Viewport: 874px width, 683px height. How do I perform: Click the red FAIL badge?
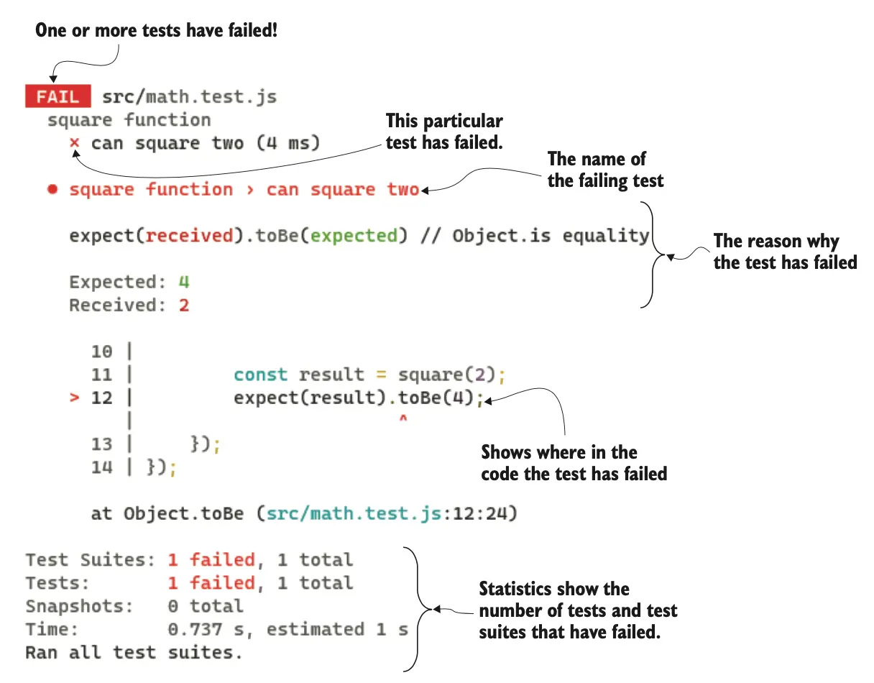pyautogui.click(x=57, y=97)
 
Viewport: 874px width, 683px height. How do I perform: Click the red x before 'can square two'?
pyautogui.click(x=74, y=143)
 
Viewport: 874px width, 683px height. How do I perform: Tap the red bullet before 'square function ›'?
pyautogui.click(x=52, y=191)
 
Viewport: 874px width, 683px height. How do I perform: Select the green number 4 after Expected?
pyautogui.click(x=183, y=281)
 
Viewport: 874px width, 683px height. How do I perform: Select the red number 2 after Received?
pyautogui.click(x=184, y=305)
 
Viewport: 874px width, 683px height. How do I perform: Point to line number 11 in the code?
pyautogui.click(x=102, y=375)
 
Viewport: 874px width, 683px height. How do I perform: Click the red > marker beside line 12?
pyautogui.click(x=74, y=398)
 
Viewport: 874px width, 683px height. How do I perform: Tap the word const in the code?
pyautogui.click(x=260, y=375)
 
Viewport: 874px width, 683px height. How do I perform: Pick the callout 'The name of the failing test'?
pyautogui.click(x=605, y=170)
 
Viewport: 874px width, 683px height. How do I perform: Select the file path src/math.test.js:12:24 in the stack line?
pyautogui.click(x=387, y=514)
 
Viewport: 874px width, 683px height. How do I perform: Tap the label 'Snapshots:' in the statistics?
pyautogui.click(x=79, y=606)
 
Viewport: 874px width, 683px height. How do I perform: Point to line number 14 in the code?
pyautogui.click(x=102, y=467)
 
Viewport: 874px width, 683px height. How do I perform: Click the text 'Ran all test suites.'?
pyautogui.click(x=133, y=653)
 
